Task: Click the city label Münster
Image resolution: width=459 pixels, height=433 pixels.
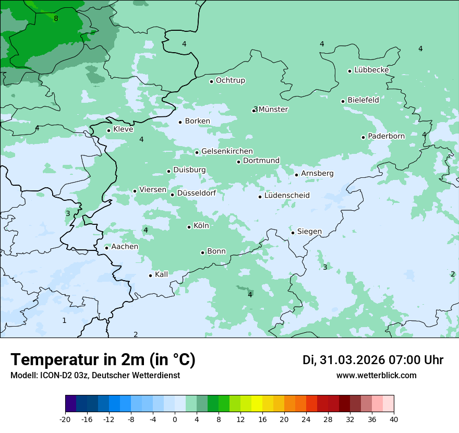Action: pyautogui.click(x=273, y=110)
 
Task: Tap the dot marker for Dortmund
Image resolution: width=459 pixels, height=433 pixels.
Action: pyautogui.click(x=238, y=162)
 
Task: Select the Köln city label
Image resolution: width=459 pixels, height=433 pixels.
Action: pyautogui.click(x=201, y=226)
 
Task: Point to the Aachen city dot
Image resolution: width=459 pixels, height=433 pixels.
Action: pyautogui.click(x=106, y=248)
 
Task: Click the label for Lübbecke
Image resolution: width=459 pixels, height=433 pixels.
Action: pyautogui.click(x=371, y=70)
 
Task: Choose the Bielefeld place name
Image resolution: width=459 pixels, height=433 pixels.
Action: pyautogui.click(x=363, y=100)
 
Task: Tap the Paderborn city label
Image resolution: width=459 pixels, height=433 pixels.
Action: pyautogui.click(x=386, y=136)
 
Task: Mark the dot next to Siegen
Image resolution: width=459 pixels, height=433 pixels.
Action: pyautogui.click(x=293, y=233)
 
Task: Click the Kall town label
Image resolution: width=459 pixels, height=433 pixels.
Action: pyautogui.click(x=162, y=274)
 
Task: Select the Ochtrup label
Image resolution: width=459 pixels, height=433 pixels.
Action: pyautogui.click(x=230, y=80)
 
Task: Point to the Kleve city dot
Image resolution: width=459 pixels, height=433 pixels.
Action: pyautogui.click(x=108, y=130)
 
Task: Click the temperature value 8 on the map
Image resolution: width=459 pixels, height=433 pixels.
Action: pyautogui.click(x=56, y=19)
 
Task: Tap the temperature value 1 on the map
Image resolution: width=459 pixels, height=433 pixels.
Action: pyautogui.click(x=64, y=320)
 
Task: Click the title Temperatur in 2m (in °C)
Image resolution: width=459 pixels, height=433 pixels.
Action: pyautogui.click(x=103, y=360)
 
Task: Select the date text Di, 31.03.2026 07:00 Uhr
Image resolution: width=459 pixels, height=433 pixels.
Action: pyautogui.click(x=373, y=360)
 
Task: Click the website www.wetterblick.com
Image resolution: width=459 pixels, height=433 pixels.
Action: pyautogui.click(x=376, y=376)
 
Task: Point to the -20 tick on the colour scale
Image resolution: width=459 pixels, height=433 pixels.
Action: pyautogui.click(x=65, y=419)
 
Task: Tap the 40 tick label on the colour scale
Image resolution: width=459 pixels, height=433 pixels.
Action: pyautogui.click(x=394, y=419)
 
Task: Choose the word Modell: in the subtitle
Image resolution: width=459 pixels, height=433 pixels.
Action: pyautogui.click(x=23, y=376)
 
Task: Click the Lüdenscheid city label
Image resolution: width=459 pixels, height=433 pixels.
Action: pyautogui.click(x=287, y=196)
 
